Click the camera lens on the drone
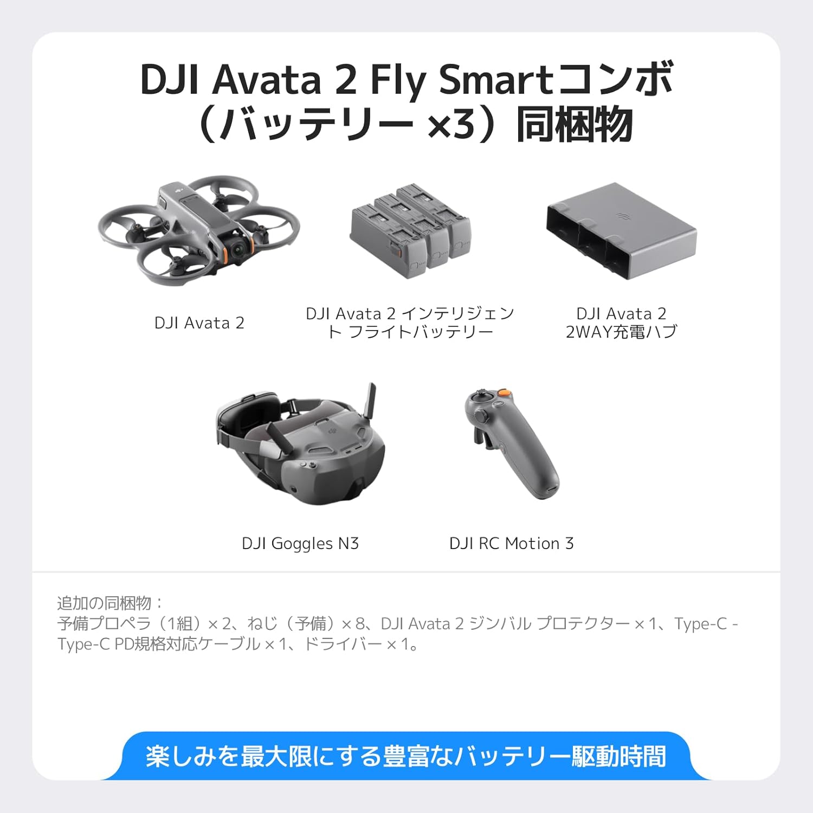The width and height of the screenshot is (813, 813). click(237, 249)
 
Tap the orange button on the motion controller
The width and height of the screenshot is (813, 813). click(504, 392)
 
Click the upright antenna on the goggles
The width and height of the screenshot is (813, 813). click(371, 401)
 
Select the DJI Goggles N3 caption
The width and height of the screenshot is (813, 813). click(300, 543)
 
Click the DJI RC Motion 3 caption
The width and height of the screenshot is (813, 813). click(511, 543)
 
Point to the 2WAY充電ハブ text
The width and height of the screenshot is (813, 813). click(621, 332)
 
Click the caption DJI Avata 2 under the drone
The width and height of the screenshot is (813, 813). click(199, 323)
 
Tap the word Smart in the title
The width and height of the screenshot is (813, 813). click(495, 80)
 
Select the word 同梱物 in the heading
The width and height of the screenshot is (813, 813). click(575, 125)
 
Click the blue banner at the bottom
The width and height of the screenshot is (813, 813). click(405, 756)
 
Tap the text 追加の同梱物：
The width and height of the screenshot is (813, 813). click(110, 603)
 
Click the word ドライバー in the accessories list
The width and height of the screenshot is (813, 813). click(343, 644)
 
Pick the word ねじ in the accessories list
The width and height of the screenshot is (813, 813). click(262, 623)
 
